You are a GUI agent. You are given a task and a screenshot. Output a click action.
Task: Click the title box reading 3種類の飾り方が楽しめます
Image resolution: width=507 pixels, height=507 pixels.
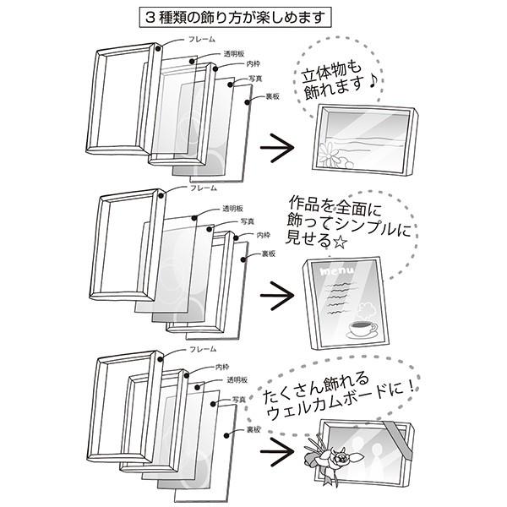236,17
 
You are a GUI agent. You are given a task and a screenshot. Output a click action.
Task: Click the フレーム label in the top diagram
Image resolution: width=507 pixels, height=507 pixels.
201,40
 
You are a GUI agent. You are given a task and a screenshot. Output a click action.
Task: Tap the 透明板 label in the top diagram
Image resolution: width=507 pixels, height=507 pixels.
234,54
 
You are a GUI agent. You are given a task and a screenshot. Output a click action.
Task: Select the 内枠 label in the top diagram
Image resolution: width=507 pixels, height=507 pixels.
253,64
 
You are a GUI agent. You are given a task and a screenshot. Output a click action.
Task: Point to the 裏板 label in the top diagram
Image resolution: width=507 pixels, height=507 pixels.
272,96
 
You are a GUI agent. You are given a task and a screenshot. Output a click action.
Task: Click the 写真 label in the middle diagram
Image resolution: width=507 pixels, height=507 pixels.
248,221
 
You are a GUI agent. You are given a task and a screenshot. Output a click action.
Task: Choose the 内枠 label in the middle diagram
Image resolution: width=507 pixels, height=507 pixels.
263,235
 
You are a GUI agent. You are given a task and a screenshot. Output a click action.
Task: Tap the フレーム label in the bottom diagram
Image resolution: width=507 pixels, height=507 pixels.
203,349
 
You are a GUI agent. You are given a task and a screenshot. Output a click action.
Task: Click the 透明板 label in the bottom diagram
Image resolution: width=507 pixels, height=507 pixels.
237,379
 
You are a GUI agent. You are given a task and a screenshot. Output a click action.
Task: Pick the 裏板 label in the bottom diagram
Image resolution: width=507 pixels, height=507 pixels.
253,430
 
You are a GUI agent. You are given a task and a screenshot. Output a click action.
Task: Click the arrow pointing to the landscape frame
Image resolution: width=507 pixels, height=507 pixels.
277,148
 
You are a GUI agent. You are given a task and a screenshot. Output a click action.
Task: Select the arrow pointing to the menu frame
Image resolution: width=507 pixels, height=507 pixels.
277,296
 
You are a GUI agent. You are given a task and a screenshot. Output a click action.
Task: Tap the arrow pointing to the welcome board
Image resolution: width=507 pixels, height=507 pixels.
277,452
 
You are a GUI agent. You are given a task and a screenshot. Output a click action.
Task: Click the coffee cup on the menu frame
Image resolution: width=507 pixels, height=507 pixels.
363,330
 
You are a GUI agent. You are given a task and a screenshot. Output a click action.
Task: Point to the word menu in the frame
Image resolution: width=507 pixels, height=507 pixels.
337,271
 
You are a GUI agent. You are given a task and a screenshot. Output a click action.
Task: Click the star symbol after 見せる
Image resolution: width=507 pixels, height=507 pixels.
340,242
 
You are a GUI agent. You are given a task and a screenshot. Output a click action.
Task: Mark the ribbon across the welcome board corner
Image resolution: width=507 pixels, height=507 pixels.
398,440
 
